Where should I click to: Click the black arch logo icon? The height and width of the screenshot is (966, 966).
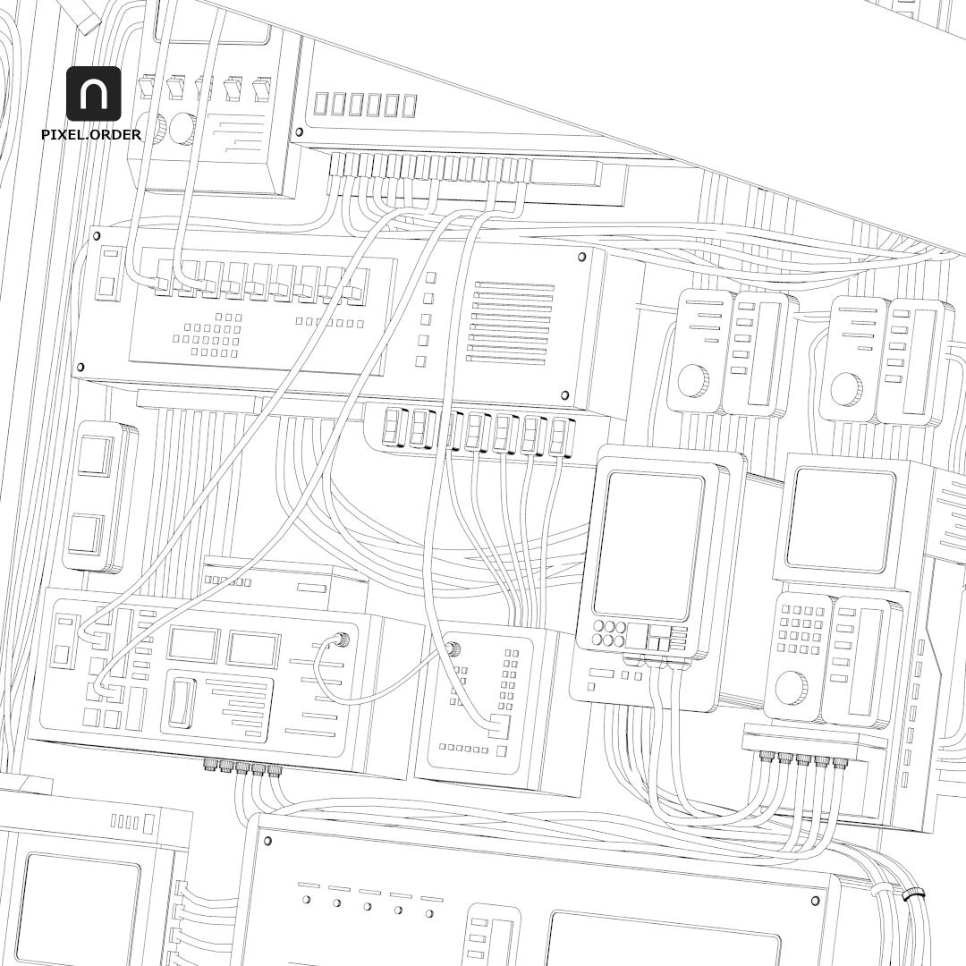tap(93, 93)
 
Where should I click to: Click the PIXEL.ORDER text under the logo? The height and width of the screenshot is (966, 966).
tap(91, 135)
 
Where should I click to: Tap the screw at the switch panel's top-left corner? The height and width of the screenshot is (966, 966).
tap(96, 236)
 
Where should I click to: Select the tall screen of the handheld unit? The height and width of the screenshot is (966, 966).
tap(649, 545)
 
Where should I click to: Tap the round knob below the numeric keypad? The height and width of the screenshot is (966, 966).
tap(791, 689)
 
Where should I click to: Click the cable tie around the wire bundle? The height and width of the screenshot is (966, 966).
tap(913, 894)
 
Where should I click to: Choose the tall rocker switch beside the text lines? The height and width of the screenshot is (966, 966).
tap(182, 702)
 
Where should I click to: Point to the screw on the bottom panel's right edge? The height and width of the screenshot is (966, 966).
tap(815, 900)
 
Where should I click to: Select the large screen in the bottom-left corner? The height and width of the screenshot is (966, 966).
tap(79, 908)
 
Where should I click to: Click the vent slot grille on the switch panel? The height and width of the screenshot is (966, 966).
tap(510, 322)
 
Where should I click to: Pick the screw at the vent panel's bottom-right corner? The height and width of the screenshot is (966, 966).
tap(564, 395)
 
